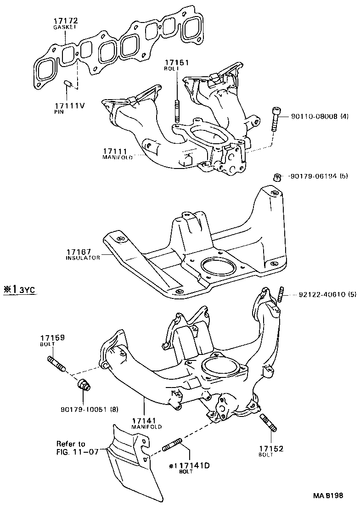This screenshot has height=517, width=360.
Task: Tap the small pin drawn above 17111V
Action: pyautogui.click(x=67, y=84)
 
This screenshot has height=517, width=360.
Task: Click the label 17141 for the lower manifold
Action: pyautogui.click(x=146, y=420)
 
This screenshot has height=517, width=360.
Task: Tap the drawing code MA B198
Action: pyautogui.click(x=328, y=496)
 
